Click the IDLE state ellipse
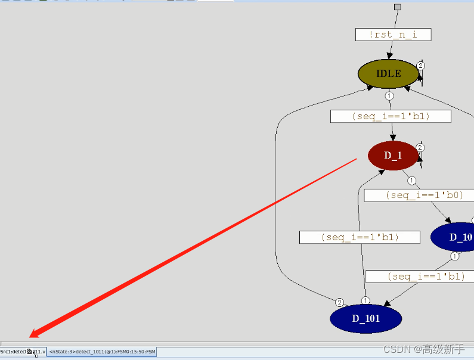(x=388, y=74)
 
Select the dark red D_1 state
(x=393, y=156)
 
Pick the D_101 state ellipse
(x=365, y=318)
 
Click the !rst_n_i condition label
(x=393, y=35)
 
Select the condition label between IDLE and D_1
(x=391, y=116)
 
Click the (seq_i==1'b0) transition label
(x=419, y=195)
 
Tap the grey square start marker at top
(x=398, y=7)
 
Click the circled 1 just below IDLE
(x=389, y=96)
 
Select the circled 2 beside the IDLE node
(x=420, y=66)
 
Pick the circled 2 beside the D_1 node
(x=420, y=147)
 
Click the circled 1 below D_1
(x=411, y=181)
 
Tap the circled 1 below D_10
(x=455, y=257)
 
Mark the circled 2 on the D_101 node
(x=340, y=302)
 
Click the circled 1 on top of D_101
(x=365, y=300)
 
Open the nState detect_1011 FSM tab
(x=102, y=352)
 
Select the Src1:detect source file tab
(x=23, y=352)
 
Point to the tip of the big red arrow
(x=30, y=337)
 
